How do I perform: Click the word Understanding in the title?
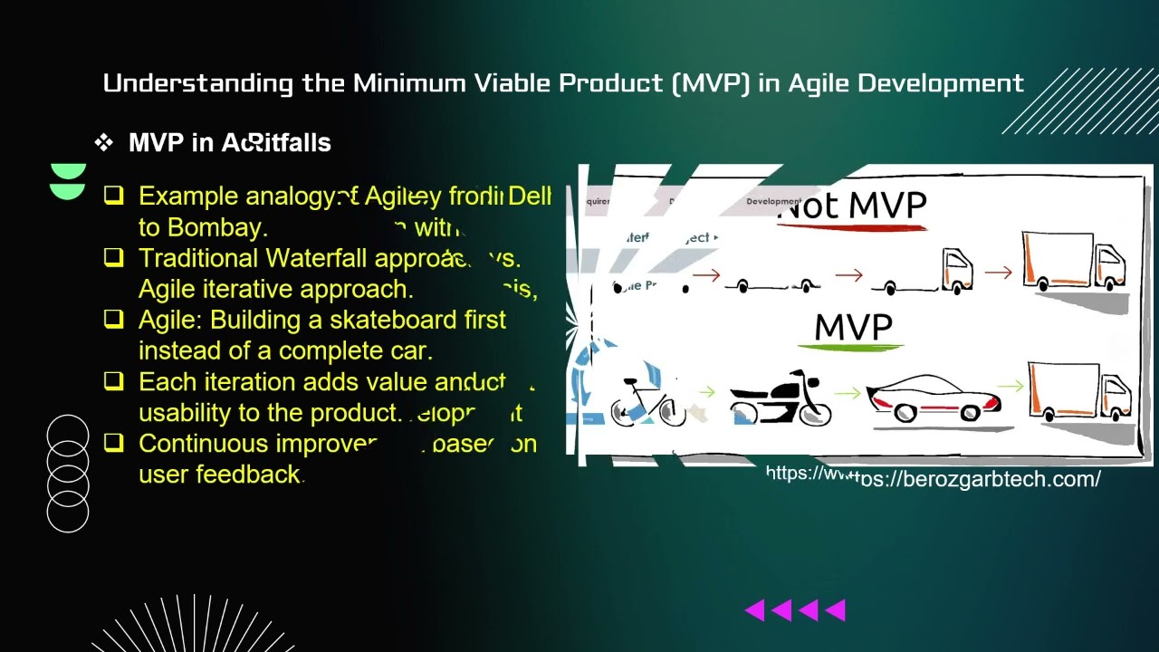tap(197, 83)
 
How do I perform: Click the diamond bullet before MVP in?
tap(104, 143)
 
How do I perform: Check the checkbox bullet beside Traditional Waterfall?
tap(113, 258)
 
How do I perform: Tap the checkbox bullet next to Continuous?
tap(113, 443)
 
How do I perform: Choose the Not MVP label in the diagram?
tap(853, 206)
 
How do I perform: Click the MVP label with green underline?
tap(852, 327)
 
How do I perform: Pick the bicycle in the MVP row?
tap(647, 400)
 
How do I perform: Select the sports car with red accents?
tap(933, 398)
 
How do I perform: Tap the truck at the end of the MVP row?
tap(1078, 391)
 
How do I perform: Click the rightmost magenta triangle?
tap(835, 610)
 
